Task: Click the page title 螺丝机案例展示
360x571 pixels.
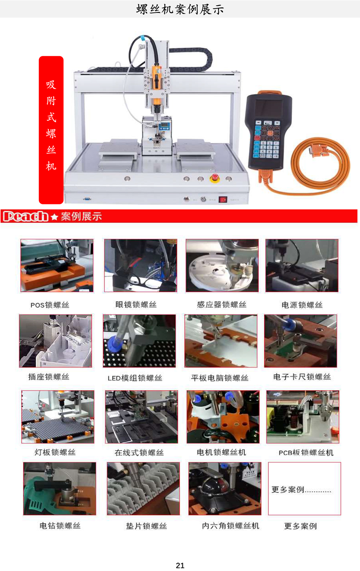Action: click(180, 10)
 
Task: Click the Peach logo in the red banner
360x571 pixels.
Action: click(26, 216)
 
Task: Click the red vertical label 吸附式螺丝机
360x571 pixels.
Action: click(51, 130)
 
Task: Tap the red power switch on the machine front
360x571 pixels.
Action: click(223, 200)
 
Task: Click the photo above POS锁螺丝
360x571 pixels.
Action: click(57, 266)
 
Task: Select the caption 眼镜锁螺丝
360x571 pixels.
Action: click(136, 305)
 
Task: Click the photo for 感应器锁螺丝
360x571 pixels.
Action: click(222, 266)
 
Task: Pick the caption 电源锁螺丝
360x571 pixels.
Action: click(302, 305)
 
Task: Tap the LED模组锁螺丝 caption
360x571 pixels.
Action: click(135, 378)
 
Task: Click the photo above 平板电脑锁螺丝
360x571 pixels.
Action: click(221, 341)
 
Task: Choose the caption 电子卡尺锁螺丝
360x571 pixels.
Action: click(302, 377)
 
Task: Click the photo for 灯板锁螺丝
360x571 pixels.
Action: click(58, 417)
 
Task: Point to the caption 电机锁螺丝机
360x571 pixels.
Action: click(221, 453)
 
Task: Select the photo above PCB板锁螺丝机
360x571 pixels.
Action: click(303, 417)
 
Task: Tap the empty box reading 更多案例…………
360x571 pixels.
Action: click(304, 489)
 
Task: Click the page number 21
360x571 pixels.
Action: click(180, 565)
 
